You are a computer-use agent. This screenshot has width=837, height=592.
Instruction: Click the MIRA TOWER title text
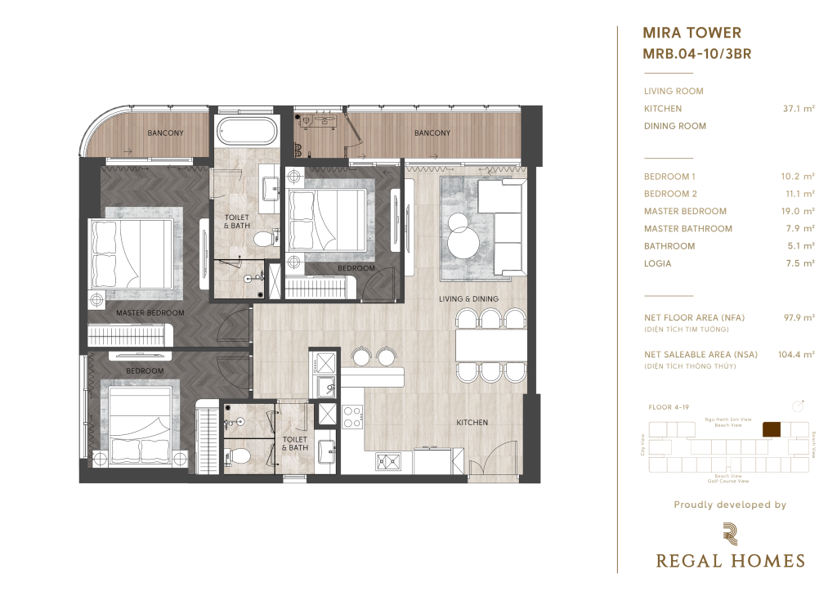(692, 34)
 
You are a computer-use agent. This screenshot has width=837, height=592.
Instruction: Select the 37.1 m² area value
(799, 109)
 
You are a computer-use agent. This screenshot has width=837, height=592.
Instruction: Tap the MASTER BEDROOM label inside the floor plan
(150, 313)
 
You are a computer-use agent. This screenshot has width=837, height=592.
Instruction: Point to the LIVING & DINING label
(468, 299)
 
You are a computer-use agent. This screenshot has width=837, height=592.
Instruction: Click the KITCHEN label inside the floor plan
(472, 423)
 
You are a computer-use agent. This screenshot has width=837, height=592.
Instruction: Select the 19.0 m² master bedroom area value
(798, 212)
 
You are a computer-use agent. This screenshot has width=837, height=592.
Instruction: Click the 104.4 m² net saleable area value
(796, 355)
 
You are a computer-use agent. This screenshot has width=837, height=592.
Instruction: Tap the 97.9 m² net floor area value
(798, 317)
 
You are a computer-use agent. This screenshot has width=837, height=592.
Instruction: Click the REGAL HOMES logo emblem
(729, 533)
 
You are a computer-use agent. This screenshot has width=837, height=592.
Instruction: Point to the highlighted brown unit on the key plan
(771, 429)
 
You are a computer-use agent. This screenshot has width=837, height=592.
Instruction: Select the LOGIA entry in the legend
(657, 263)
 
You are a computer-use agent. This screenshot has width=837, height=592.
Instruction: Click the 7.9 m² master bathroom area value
(799, 229)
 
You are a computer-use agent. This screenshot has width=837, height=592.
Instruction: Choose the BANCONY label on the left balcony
(165, 132)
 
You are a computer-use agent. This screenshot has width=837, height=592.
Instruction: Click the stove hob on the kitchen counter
(352, 417)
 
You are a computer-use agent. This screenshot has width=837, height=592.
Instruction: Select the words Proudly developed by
(729, 505)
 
